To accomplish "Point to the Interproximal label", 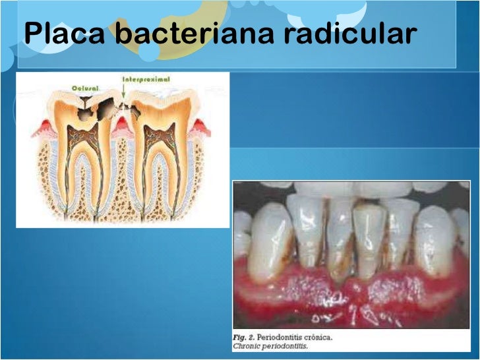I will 146,79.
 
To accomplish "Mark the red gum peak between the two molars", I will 122,127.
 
